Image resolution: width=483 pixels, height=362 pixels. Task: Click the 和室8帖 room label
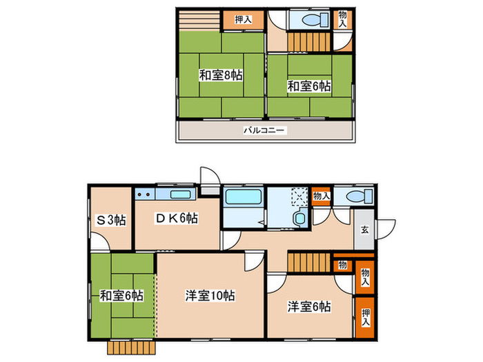tap(221, 74)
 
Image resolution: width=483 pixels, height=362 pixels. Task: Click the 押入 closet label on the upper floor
tap(243, 20)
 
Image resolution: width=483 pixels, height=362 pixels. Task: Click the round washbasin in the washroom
tap(299, 219)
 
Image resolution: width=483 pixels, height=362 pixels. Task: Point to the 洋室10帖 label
tap(210, 295)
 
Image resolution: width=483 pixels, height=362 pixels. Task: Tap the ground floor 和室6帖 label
tap(121, 295)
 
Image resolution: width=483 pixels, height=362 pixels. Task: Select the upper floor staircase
tap(307, 43)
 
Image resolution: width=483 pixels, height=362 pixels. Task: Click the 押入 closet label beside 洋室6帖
tap(366, 317)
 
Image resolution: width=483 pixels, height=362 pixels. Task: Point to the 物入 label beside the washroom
tap(321, 196)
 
